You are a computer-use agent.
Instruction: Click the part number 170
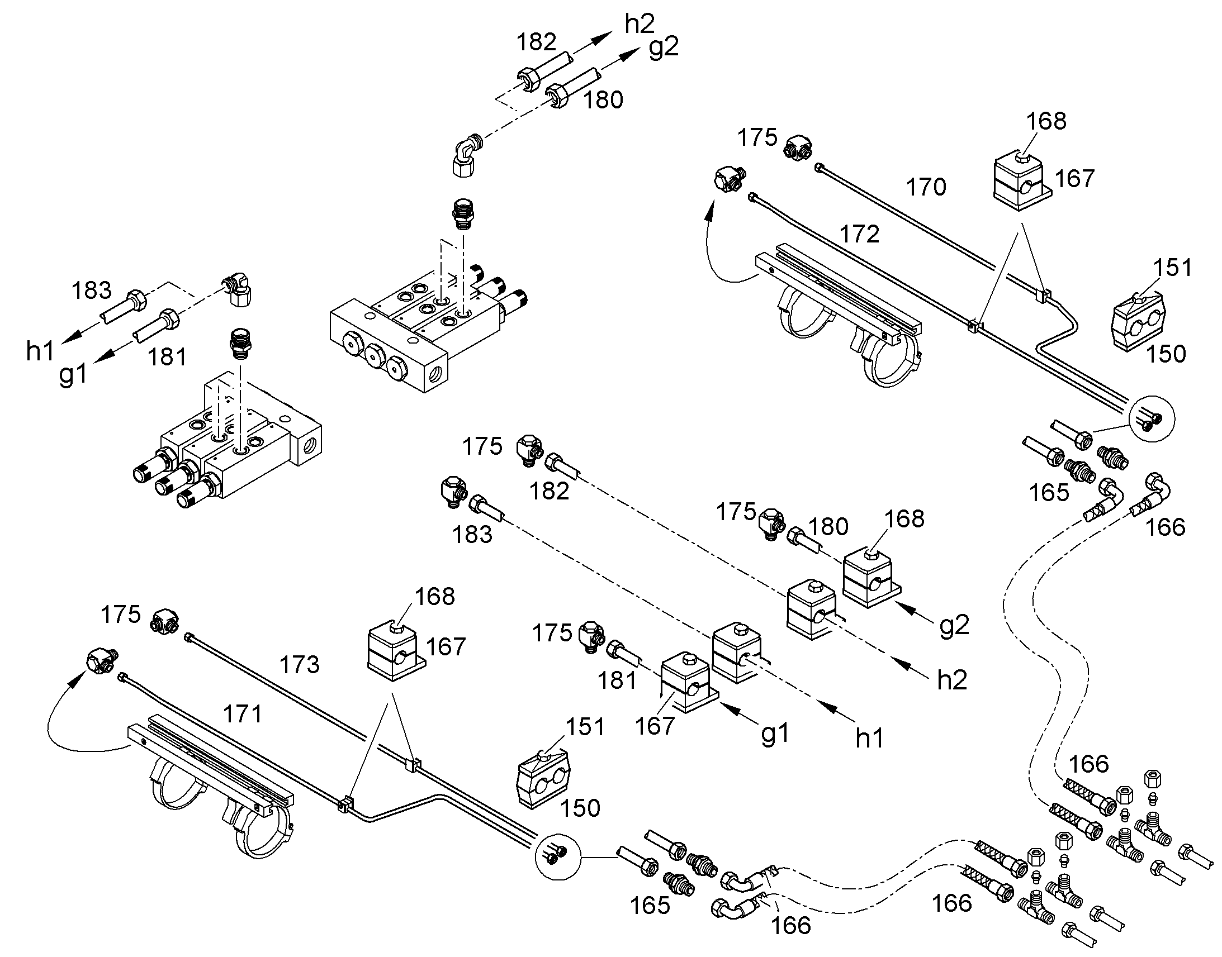click(926, 187)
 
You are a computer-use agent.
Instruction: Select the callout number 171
click(243, 714)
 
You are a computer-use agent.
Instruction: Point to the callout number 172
click(860, 234)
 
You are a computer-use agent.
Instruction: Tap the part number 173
click(299, 664)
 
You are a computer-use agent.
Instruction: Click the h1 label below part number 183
click(40, 351)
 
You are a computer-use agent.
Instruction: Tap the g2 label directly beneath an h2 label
click(664, 48)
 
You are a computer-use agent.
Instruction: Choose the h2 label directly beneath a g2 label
click(953, 680)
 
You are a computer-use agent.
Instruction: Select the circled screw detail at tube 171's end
click(558, 854)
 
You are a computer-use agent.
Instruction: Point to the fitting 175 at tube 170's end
click(799, 149)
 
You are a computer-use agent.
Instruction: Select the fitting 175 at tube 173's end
click(164, 621)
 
